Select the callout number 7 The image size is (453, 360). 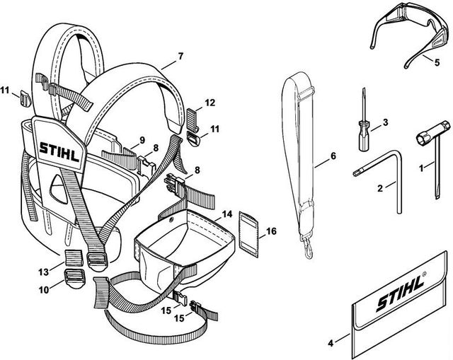180,56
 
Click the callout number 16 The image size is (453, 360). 271,231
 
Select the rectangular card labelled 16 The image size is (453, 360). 248,234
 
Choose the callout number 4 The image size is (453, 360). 331,343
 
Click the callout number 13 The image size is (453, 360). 44,272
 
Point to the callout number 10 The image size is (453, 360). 44,289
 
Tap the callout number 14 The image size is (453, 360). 227,214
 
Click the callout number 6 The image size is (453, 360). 333,156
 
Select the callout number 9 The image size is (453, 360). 142,140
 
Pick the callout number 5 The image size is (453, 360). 437,62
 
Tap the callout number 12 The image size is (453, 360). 210,103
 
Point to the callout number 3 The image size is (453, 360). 385,122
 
